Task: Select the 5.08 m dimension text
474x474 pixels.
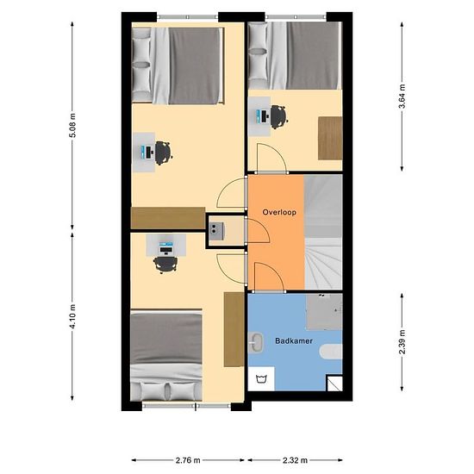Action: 72,128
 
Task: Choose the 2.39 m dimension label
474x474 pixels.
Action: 402,340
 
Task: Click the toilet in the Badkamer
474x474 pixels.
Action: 331,353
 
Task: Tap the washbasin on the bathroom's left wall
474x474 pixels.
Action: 255,345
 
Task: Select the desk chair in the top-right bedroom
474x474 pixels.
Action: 278,115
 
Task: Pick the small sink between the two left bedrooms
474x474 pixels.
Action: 215,229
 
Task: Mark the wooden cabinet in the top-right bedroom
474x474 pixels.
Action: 329,138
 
